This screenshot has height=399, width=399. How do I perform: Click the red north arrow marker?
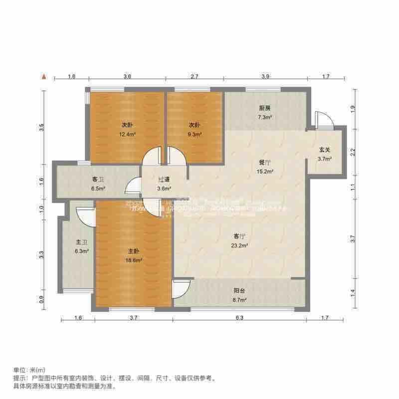click(x=44, y=77)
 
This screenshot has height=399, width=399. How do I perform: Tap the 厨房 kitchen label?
click(x=264, y=108)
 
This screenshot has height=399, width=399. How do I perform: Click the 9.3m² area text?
click(x=195, y=134)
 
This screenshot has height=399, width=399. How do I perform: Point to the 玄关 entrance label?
click(x=325, y=150)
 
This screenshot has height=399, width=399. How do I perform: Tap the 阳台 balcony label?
click(x=240, y=291)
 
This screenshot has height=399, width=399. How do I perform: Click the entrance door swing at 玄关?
click(x=322, y=120)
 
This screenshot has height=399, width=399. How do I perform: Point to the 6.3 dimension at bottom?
click(x=239, y=318)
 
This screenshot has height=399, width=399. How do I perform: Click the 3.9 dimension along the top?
click(x=265, y=77)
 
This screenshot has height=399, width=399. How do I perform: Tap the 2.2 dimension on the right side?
click(x=353, y=151)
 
